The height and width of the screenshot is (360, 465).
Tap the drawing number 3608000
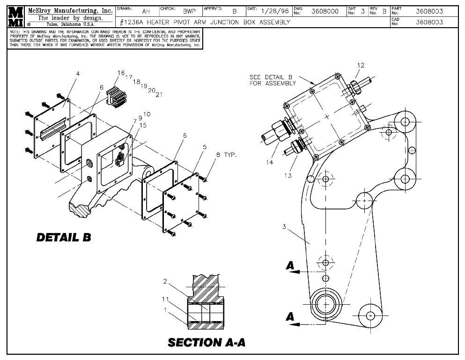(x=325, y=11)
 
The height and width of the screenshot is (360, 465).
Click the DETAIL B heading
(x=64, y=237)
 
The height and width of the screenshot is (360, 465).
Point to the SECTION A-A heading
(x=206, y=342)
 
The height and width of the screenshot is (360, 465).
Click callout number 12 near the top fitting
(x=360, y=65)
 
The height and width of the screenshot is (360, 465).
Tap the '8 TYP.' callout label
(x=227, y=154)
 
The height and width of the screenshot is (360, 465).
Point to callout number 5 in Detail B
(x=204, y=147)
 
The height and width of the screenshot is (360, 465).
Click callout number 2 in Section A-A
(x=165, y=281)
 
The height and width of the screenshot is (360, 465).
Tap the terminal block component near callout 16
(x=115, y=97)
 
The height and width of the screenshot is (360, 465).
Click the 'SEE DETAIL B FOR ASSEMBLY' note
(x=273, y=80)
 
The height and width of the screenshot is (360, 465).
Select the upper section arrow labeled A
(x=290, y=266)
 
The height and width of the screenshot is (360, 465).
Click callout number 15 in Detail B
(x=143, y=125)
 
